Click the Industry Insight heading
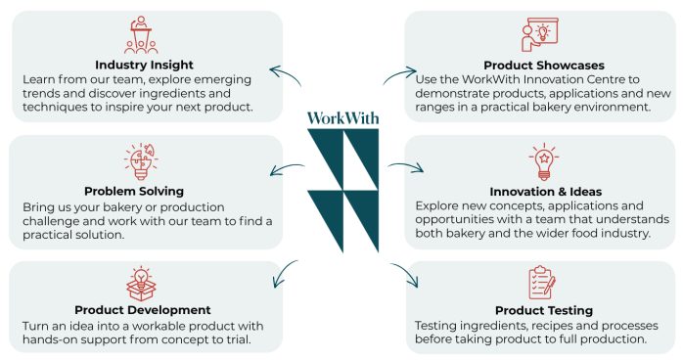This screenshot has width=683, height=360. tap(144, 65)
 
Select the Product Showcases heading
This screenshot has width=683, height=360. tap(544, 66)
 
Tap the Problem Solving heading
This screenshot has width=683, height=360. tap(134, 191)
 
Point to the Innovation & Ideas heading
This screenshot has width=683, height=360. tap(545, 192)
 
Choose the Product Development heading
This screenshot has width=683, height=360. tap(143, 310)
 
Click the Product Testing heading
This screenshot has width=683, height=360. tap(544, 310)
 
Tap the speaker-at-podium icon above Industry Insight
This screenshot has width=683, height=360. tap(141, 35)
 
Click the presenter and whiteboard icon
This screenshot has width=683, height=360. tap(540, 34)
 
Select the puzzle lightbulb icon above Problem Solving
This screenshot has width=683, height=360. tap(141, 161)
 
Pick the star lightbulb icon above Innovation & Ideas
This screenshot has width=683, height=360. tap(544, 161)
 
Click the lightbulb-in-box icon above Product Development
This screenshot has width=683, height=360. tap(141, 284)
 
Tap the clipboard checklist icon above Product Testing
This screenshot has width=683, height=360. tap(542, 283)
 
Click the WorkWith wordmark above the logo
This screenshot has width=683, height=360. tap(342, 118)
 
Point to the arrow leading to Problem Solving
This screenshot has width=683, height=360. tap(286, 167)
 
